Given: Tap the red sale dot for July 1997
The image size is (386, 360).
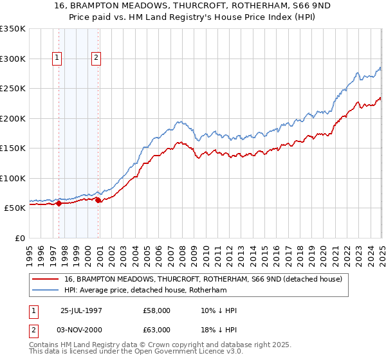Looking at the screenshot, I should (59, 204).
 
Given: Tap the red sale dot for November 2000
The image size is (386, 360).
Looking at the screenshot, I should (98, 201).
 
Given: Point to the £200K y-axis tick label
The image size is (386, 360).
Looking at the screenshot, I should (13, 118).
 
